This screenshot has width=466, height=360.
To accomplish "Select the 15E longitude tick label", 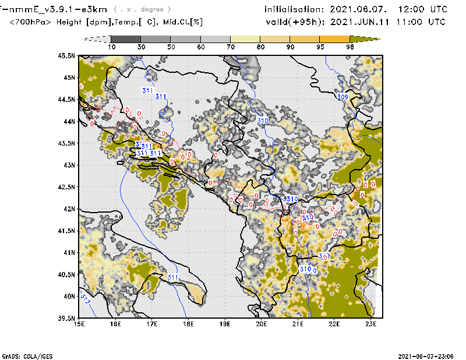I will click(79, 324).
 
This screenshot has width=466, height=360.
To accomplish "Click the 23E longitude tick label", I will click(370, 324).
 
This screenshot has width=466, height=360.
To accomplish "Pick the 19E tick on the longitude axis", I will click(225, 324).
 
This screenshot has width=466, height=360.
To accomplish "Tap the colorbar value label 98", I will click(350, 47).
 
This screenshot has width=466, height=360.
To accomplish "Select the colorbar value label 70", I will click(231, 47).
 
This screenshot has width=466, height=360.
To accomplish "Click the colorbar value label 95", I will click(320, 47).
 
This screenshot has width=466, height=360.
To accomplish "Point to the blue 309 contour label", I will click(343, 97).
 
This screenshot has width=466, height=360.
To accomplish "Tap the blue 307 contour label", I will click(324, 256).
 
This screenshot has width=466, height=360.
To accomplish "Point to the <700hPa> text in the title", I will click(31, 22).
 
